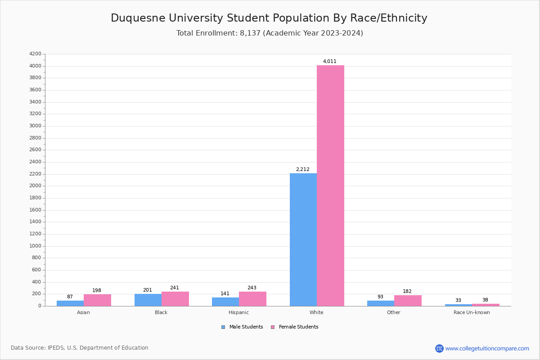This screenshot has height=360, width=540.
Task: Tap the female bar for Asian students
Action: pos(97,300)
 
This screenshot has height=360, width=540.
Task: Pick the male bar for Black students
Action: pos(148,300)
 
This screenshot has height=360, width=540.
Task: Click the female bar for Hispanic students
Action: pos(252,299)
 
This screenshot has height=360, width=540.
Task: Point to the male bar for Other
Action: pos(380,303)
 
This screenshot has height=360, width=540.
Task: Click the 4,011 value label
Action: pos(330,62)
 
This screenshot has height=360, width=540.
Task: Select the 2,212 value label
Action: pos(303,170)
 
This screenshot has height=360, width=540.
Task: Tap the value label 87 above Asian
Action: pos(70,297)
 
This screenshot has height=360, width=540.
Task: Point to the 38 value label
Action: pos(485,300)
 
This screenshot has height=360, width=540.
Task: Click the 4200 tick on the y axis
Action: pos(35,54)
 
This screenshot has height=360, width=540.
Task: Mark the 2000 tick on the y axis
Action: pos(35,186)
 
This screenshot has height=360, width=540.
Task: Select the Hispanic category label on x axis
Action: pos(238,313)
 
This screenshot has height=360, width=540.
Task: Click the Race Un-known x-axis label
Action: pos(472,313)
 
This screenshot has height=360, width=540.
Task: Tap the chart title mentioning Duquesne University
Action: pos(269,18)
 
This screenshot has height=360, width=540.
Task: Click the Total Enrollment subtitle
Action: pos(270,33)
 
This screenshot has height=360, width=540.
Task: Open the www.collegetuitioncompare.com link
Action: pos(487,348)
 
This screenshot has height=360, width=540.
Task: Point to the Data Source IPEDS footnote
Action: pos(80,348)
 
